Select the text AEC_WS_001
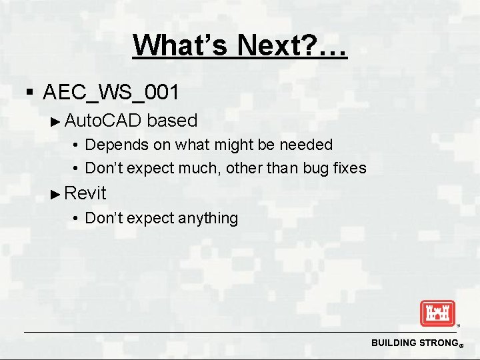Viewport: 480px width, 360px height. pos(111,91)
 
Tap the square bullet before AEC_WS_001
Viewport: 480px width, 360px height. pos(28,91)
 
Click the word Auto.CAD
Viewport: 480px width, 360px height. pos(103,121)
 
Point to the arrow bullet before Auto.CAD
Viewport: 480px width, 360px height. pos(56,121)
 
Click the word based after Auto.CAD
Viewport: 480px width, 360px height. pos(172,121)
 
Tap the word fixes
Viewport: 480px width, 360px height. pos(351,168)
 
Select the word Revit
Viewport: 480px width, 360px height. pos(85,193)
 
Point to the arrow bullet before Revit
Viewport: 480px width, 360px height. pos(56,194)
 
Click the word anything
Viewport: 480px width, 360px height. pos(206,218)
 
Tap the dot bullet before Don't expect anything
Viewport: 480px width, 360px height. pos(77,219)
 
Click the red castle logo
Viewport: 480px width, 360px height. pos(437,313)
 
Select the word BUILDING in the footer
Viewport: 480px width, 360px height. pos(393,343)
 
